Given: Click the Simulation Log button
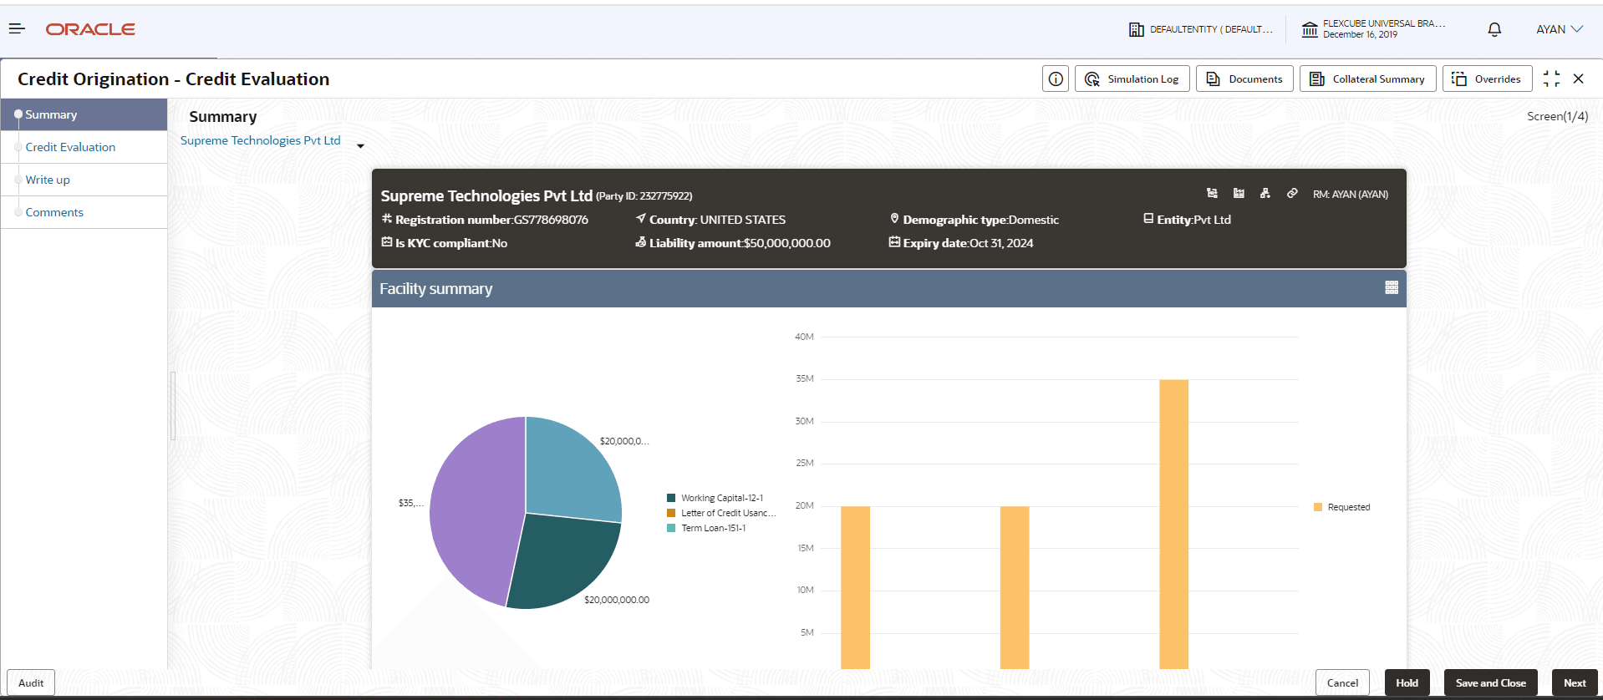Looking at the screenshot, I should [x=1132, y=79].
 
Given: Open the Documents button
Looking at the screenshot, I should [x=1244, y=79].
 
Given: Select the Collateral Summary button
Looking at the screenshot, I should [x=1367, y=79].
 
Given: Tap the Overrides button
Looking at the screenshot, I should [x=1487, y=79].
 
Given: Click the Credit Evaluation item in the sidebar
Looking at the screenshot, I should [x=70, y=147].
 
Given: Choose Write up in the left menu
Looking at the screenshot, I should [x=48, y=180].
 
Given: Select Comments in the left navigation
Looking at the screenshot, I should [x=54, y=212].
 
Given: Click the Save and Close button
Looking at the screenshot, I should [x=1490, y=682].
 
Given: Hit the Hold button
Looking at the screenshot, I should [x=1407, y=682].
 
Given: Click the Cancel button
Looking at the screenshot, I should [x=1342, y=682].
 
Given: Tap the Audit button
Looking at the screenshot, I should [x=31, y=682].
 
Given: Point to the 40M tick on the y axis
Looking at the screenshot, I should [x=804, y=337].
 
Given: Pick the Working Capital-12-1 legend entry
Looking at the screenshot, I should [x=721, y=498].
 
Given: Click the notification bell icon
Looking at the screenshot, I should [x=1494, y=29].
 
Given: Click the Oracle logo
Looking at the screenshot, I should [x=90, y=29].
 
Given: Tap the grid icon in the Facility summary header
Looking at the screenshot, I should [x=1392, y=287].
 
